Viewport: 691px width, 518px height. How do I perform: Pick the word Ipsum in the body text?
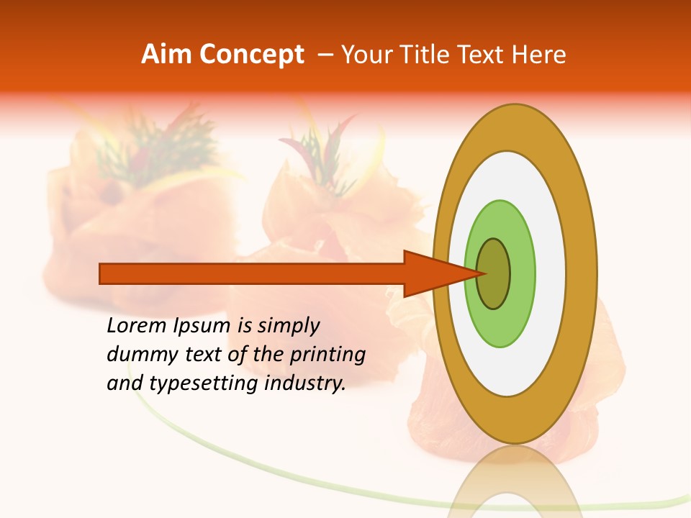(202, 326)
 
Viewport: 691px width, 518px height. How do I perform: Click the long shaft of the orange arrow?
(252, 273)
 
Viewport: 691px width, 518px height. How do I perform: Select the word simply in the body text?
(289, 326)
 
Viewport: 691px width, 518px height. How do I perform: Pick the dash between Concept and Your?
(325, 55)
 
